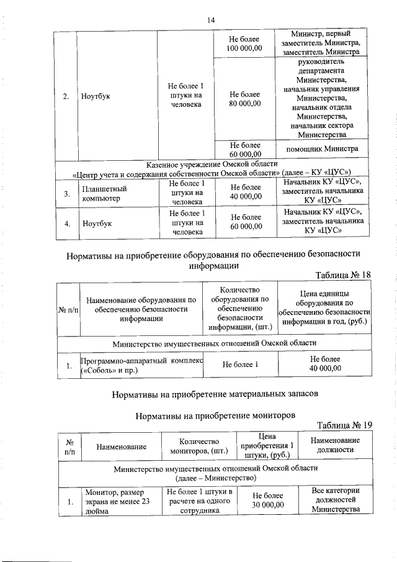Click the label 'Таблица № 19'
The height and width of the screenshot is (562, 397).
click(343, 425)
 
